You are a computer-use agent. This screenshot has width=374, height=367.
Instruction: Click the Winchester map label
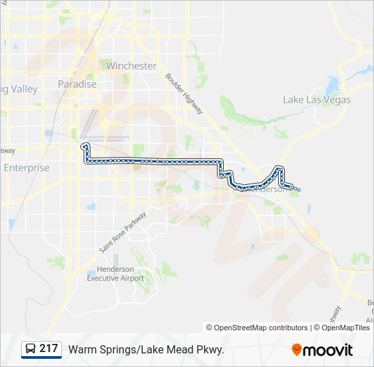tap(131, 66)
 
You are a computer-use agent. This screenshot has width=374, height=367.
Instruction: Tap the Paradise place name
tap(77, 84)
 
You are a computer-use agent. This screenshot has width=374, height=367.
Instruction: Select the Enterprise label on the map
tap(27, 168)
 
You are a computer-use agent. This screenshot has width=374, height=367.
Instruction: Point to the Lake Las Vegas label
tap(317, 100)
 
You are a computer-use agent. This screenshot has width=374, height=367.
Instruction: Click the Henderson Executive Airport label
tap(116, 275)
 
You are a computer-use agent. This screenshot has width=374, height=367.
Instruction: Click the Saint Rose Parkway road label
tap(124, 236)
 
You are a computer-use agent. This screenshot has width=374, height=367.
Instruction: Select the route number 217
tap(48, 349)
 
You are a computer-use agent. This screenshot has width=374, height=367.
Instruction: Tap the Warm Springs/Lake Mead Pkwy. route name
tap(146, 349)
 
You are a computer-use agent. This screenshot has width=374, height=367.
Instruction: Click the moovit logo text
tap(328, 350)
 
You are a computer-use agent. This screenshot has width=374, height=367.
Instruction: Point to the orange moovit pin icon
tap(296, 349)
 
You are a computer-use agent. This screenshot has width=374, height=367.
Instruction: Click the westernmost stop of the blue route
tap(83, 146)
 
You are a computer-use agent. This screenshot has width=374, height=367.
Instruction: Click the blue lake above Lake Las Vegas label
tap(333, 86)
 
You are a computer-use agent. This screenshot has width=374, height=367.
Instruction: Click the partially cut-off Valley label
tap(19, 89)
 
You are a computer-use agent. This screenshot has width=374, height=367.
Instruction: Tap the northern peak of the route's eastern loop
tap(279, 167)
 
